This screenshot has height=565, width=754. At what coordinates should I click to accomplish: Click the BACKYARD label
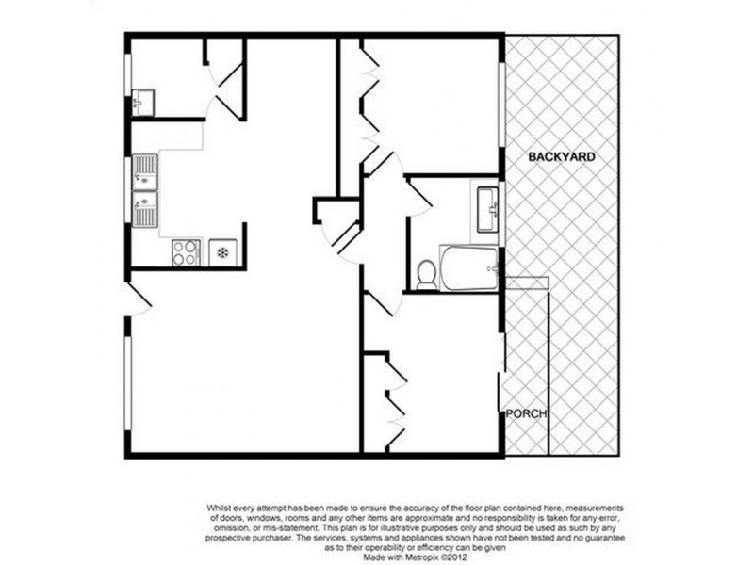561,157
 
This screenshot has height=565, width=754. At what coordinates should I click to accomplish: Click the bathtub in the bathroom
468,267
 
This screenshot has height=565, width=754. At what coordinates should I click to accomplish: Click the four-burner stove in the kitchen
186,251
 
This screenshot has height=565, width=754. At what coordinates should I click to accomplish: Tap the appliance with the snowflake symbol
221,251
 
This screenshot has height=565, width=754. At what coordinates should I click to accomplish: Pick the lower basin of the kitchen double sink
145,202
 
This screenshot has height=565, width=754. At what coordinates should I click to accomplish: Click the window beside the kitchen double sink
127,189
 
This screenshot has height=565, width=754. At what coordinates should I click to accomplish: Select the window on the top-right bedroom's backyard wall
501,105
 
